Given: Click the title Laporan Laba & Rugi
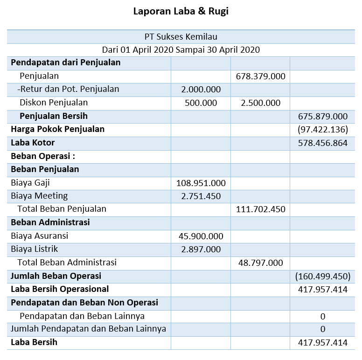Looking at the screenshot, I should click(x=181, y=11).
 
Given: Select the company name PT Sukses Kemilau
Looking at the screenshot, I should click(x=181, y=36).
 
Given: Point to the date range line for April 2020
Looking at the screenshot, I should click(x=181, y=49).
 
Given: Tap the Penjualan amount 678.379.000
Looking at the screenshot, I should click(x=261, y=76).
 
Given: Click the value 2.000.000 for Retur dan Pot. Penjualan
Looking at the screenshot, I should click(x=201, y=89).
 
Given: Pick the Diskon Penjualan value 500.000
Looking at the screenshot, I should click(x=201, y=103).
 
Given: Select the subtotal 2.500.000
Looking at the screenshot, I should click(x=261, y=103).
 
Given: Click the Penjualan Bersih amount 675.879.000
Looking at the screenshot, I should click(x=323, y=116).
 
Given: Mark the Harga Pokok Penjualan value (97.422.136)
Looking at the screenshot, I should click(x=323, y=129).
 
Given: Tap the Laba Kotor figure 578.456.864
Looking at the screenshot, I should click(x=323, y=143).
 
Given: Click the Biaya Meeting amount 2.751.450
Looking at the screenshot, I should click(x=201, y=196).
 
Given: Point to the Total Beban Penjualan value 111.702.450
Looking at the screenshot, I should click(x=261, y=209).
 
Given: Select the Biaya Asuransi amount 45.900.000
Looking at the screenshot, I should click(x=201, y=236).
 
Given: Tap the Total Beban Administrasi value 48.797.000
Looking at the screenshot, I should click(x=261, y=263).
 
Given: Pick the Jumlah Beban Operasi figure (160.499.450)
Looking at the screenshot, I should click(x=323, y=276).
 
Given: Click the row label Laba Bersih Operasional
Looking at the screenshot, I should click(x=60, y=289).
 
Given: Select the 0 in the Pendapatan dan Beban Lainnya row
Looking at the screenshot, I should click(x=323, y=316).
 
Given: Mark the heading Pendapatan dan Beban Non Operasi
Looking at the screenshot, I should click(x=84, y=303).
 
